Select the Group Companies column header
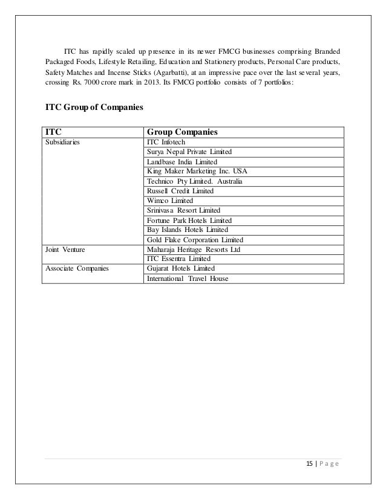point(182,132)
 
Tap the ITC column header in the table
point(54,132)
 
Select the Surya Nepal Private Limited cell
point(189,152)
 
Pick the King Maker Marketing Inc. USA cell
point(197,171)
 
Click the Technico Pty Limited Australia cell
point(196,181)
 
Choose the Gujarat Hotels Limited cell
point(180,268)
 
